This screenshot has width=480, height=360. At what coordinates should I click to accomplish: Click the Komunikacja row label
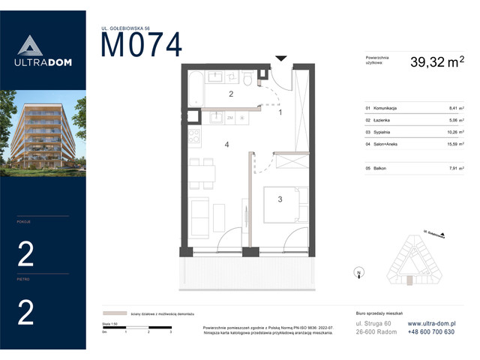tap(383, 109)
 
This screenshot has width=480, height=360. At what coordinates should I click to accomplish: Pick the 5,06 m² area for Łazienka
tap(456, 119)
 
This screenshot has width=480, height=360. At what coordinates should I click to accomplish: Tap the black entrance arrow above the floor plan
tap(281, 58)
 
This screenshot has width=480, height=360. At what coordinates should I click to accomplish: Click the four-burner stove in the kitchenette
tap(194, 138)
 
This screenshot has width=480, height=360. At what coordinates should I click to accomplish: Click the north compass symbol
tap(359, 273)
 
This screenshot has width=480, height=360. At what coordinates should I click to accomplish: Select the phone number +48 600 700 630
tap(430, 331)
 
